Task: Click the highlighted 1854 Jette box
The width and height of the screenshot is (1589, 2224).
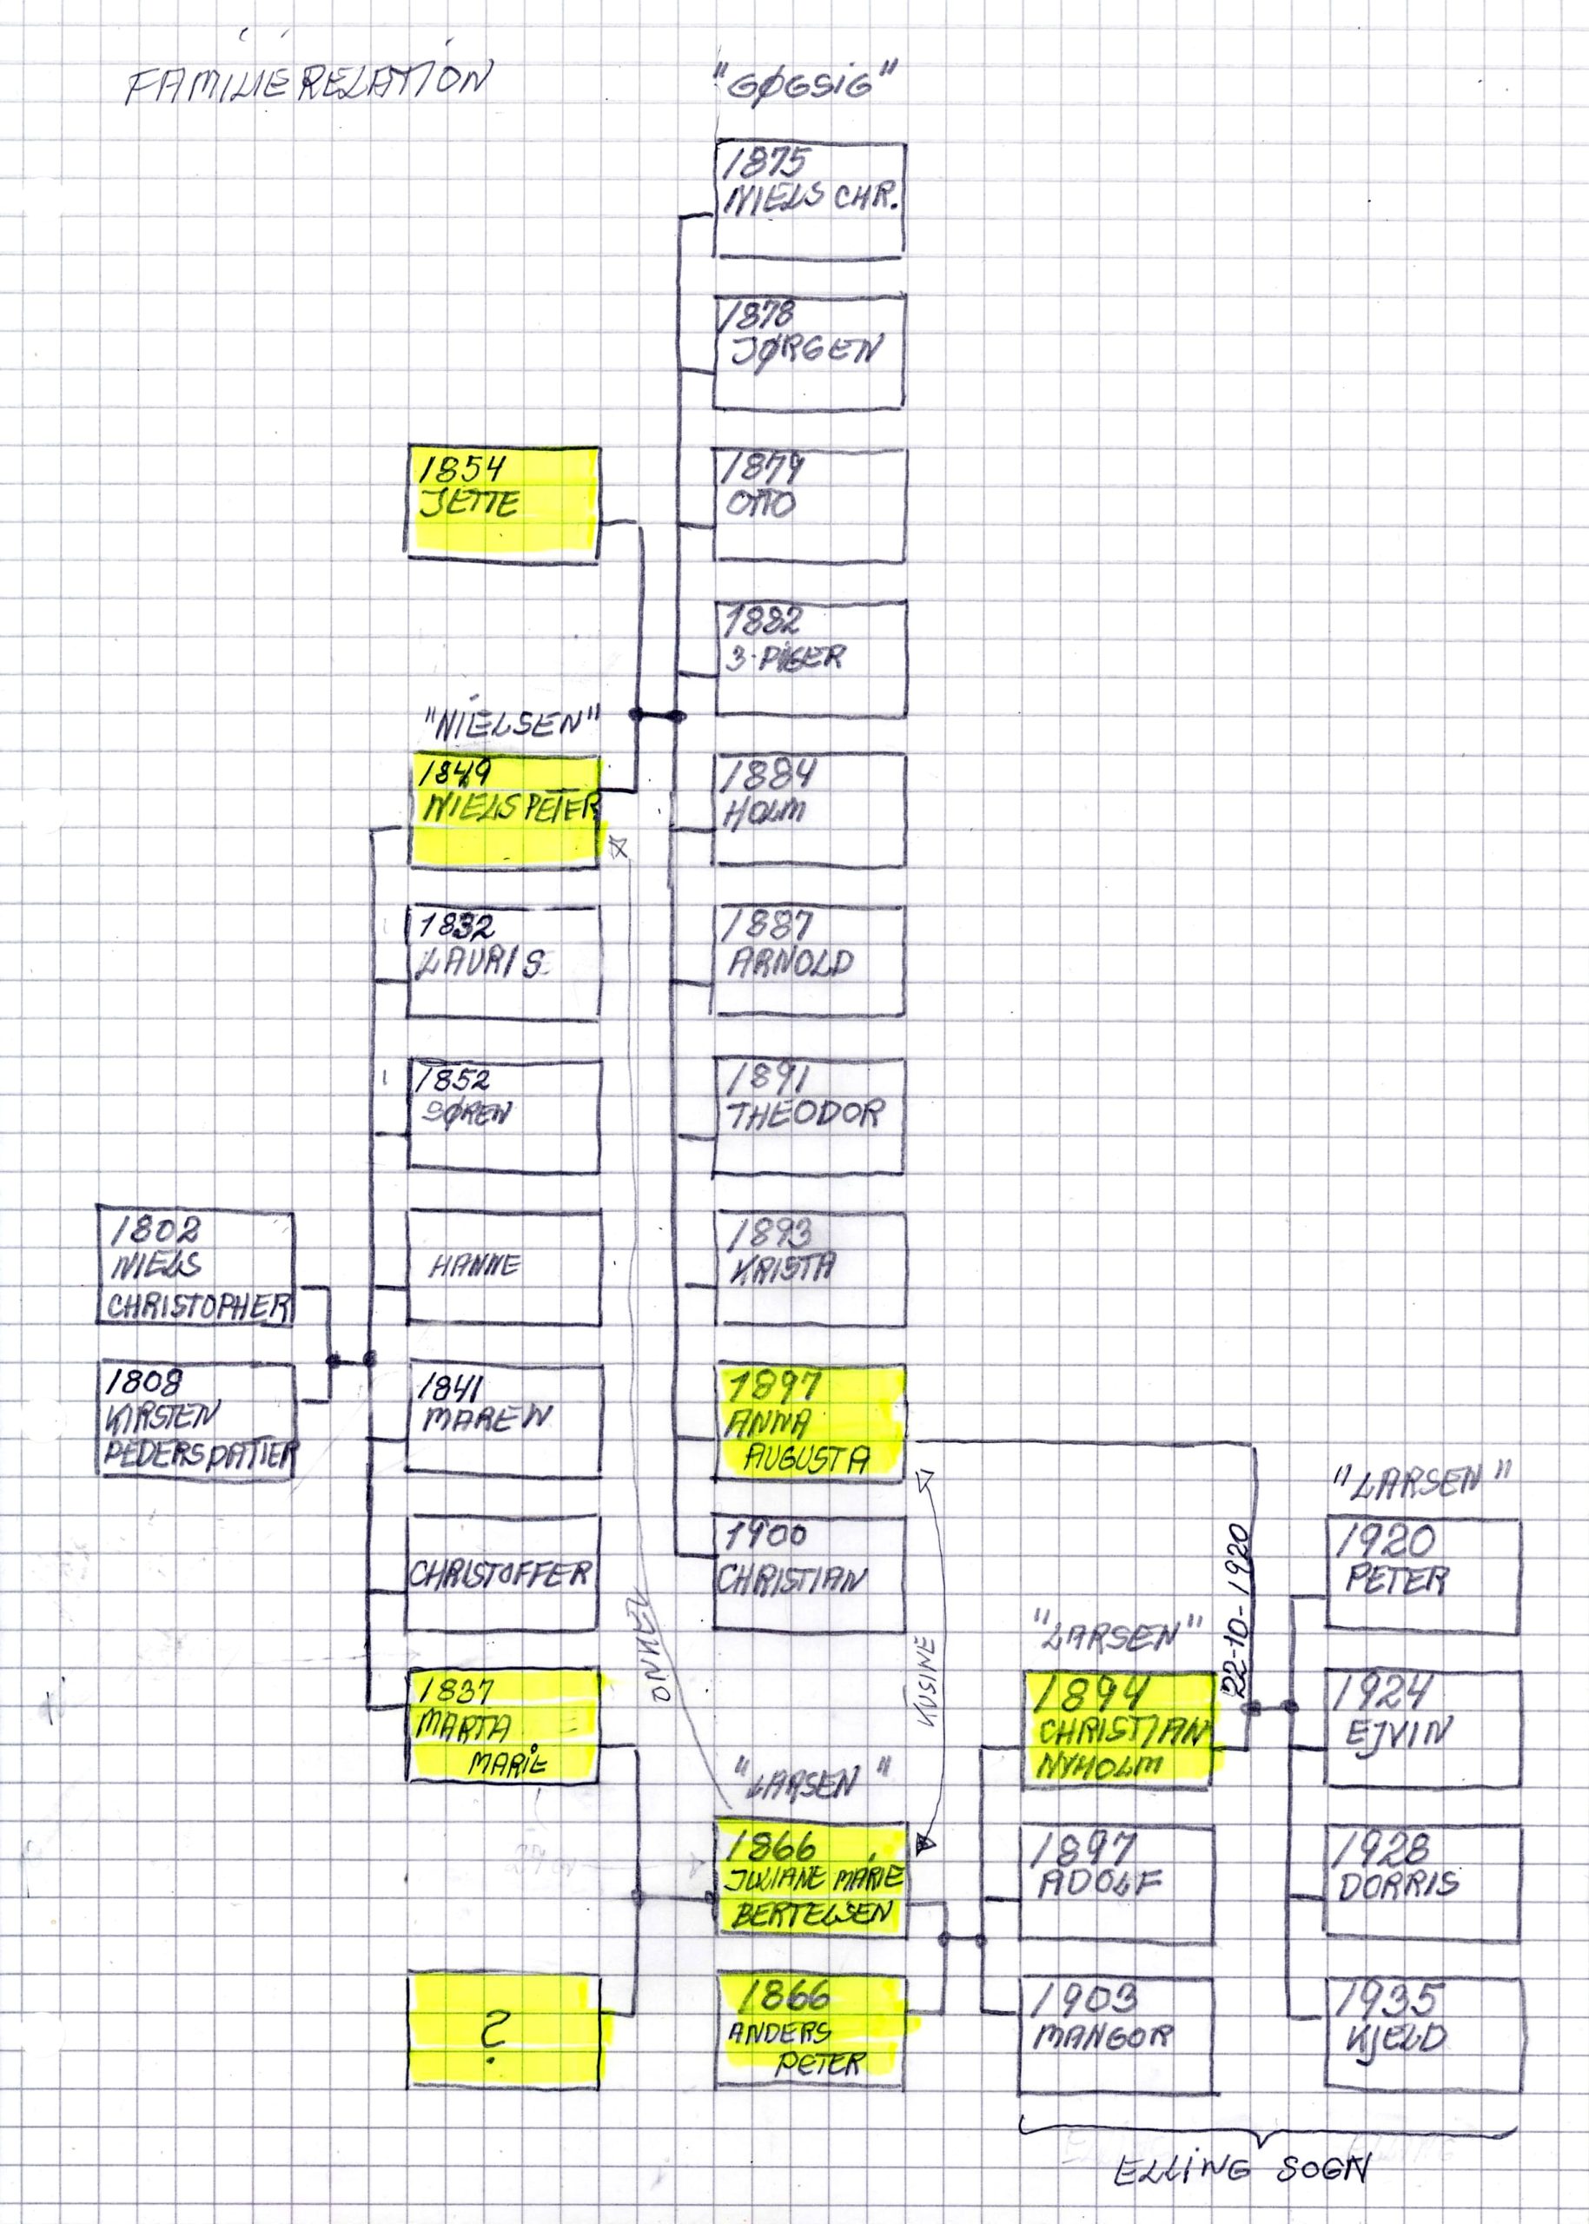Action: coord(503,503)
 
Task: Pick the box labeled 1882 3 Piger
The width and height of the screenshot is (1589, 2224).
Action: coord(809,658)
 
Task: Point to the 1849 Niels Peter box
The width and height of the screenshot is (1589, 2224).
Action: coord(503,808)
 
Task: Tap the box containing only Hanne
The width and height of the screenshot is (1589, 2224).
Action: coord(503,1268)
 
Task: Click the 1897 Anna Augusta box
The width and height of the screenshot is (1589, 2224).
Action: coord(809,1421)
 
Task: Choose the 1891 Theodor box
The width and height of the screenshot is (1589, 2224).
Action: coord(809,1115)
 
